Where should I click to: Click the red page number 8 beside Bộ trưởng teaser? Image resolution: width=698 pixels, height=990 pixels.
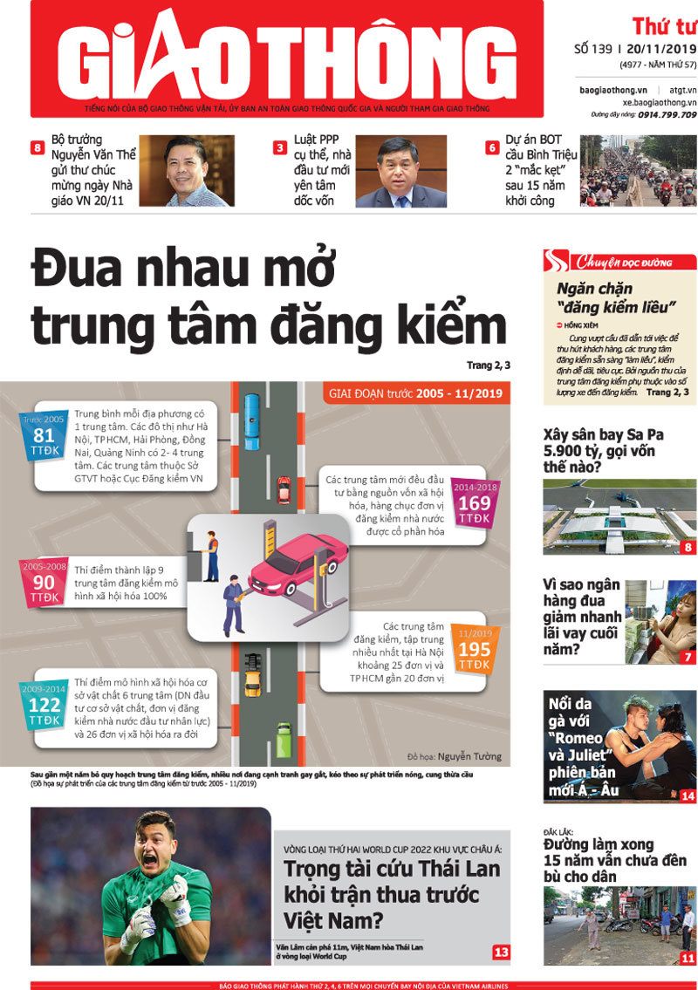tap(38, 148)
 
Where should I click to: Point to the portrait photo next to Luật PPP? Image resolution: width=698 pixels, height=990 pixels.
tap(400, 171)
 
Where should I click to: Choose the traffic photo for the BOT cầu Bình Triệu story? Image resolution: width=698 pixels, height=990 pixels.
tap(638, 171)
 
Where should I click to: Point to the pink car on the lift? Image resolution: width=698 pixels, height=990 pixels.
tap(288, 567)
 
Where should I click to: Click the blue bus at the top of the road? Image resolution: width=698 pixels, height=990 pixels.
tap(252, 409)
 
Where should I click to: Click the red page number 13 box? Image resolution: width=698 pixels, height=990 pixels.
tap(501, 952)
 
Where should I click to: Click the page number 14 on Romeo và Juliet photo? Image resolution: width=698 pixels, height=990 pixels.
tap(688, 795)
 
